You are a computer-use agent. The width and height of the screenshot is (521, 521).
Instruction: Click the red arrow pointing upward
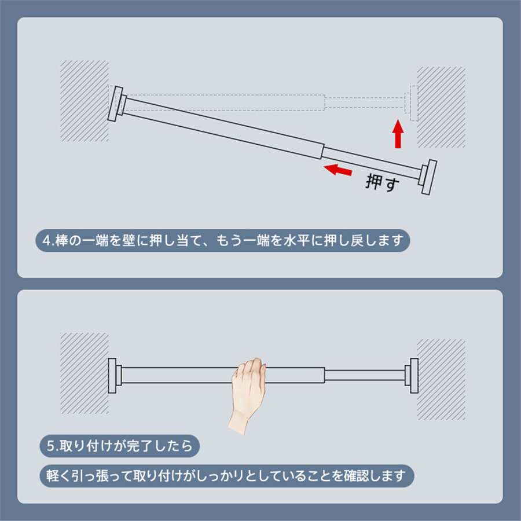click(398, 134)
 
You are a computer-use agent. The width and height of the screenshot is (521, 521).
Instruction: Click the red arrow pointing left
click(337, 170)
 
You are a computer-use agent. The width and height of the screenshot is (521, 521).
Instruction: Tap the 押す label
click(382, 182)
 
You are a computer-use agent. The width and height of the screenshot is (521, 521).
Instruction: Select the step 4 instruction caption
click(223, 240)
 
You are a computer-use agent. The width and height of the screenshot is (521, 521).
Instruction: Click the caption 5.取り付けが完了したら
click(120, 446)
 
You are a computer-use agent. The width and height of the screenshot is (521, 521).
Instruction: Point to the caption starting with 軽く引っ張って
click(226, 476)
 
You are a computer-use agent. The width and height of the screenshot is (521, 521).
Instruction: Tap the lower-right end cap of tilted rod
click(428, 177)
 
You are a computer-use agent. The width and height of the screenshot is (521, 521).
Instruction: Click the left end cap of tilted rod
click(116, 104)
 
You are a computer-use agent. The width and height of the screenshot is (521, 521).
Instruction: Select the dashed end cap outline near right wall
click(412, 104)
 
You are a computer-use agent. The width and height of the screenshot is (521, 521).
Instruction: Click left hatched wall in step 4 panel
click(85, 101)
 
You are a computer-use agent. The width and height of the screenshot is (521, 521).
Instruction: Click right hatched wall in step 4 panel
click(441, 107)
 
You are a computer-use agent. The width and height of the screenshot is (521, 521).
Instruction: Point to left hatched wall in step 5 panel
click(85, 373)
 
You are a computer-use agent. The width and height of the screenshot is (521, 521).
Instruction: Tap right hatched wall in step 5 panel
click(441, 379)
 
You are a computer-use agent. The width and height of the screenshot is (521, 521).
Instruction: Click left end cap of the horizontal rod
click(114, 376)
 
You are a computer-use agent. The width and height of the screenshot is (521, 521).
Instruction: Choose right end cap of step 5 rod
click(412, 376)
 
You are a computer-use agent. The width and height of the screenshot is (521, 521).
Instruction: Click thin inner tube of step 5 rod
click(365, 375)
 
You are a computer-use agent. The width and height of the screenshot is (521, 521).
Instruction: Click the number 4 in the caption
click(46, 241)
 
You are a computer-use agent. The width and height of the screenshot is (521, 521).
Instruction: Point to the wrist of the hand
click(239, 420)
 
